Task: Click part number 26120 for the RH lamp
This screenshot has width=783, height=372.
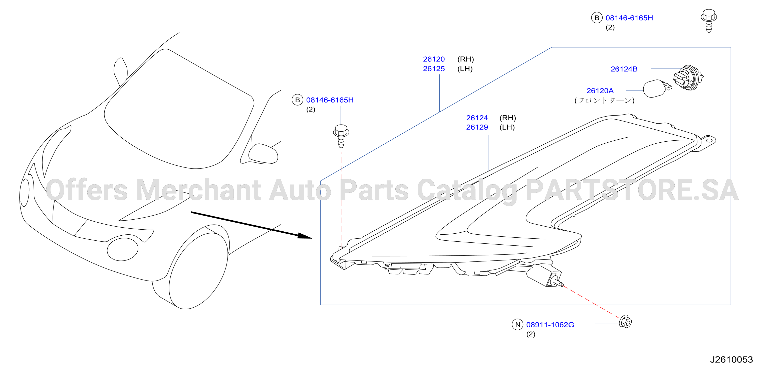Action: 434,59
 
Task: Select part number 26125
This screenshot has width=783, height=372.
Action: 434,69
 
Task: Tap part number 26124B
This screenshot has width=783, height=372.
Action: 624,69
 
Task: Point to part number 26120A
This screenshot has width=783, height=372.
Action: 600,91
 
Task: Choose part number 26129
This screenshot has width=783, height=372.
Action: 477,127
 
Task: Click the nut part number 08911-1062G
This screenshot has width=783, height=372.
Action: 550,325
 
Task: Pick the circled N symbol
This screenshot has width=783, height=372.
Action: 518,325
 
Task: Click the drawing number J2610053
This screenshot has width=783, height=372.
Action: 731,359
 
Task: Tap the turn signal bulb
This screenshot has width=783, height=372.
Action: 657,88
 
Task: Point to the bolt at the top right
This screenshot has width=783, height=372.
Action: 709,20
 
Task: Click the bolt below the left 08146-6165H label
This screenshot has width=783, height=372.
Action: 341,136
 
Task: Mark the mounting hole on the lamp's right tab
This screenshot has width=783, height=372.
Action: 709,140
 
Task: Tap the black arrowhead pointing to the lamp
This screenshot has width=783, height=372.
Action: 305,236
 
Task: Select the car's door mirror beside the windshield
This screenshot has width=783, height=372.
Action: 263,154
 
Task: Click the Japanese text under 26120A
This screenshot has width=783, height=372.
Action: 604,101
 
